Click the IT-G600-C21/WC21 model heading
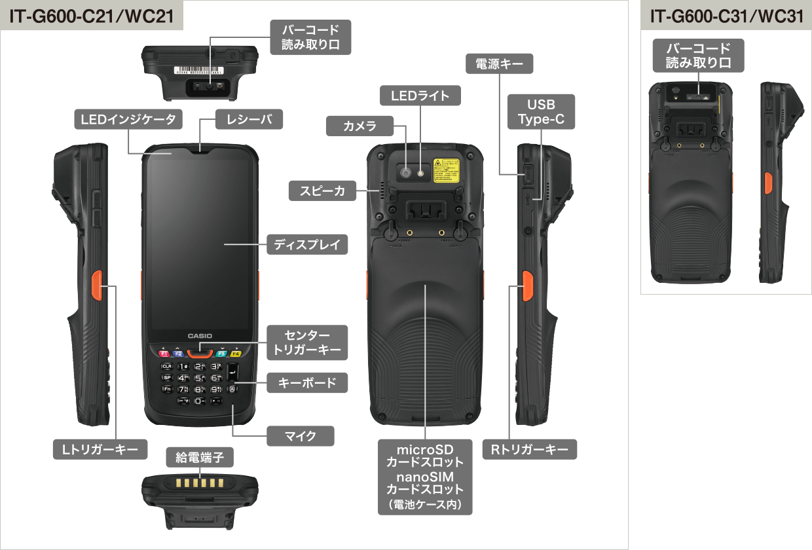tap(92, 16)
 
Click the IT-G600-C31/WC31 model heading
tap(726, 16)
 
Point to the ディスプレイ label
tap(307, 245)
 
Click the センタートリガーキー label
tap(307, 341)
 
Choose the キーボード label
tap(307, 383)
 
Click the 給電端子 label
tap(195, 457)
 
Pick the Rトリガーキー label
tap(530, 449)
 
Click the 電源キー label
tap(500, 64)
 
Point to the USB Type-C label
tap(541, 112)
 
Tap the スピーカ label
tap(322, 191)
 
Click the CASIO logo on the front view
tap(200, 336)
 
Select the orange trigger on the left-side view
tap(94, 284)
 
